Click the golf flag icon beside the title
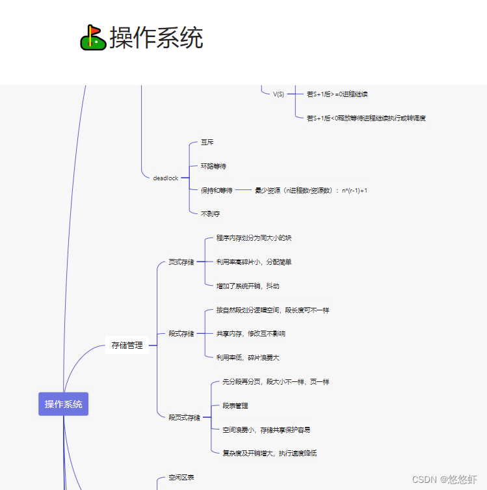[x=93, y=38]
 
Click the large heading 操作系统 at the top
[x=156, y=38]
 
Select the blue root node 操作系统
[x=64, y=404]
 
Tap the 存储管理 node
[x=127, y=346]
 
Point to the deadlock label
[x=166, y=178]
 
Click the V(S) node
[x=278, y=94]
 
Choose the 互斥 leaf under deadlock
[x=207, y=142]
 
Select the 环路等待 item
[x=213, y=166]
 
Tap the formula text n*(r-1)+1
[x=354, y=190]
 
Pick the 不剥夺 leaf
[x=210, y=213]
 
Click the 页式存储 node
[x=181, y=262]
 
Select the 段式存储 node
[x=181, y=334]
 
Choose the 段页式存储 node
[x=185, y=417]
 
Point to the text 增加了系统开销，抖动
[x=248, y=286]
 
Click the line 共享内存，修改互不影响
[x=250, y=334]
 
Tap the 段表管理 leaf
[x=235, y=405]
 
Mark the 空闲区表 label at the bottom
[x=181, y=477]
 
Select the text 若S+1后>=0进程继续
[x=337, y=94]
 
